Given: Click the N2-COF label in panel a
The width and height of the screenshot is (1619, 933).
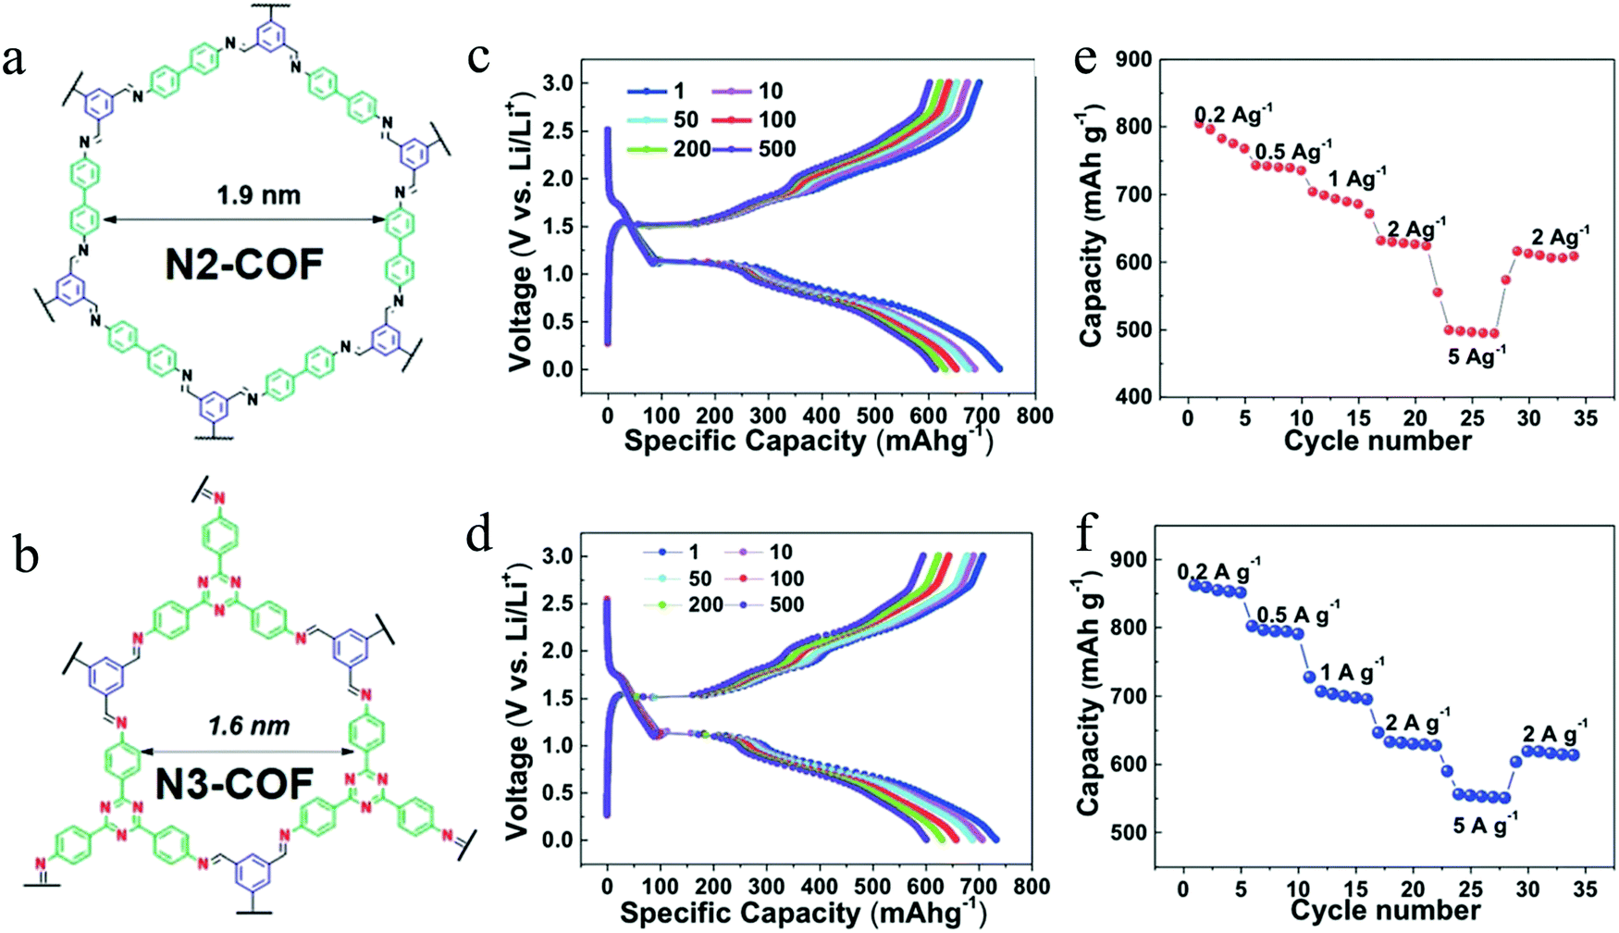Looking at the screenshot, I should click(244, 265).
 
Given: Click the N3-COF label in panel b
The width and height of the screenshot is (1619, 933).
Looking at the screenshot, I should click(234, 785).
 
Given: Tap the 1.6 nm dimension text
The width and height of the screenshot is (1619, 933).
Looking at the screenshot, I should click(249, 726).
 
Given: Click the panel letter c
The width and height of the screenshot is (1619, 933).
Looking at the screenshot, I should click(478, 57).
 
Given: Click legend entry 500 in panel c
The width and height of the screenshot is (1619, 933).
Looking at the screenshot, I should click(776, 149).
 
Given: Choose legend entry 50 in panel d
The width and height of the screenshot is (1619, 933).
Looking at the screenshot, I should click(699, 578).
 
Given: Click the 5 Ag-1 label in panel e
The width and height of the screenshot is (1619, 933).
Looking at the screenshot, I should click(1477, 355).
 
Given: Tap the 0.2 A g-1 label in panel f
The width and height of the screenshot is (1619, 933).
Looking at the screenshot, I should click(1217, 571).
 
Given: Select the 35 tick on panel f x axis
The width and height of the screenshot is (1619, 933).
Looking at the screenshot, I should click(1586, 889).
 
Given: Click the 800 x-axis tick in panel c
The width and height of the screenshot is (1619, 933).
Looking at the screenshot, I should click(1033, 417).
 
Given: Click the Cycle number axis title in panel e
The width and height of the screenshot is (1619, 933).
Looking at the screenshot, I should click(1377, 441).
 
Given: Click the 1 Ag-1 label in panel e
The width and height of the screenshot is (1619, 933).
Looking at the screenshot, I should click(1357, 178).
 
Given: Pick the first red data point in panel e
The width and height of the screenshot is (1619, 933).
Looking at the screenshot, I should click(1199, 123).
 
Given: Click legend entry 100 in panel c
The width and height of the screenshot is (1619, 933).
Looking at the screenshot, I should click(776, 119).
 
